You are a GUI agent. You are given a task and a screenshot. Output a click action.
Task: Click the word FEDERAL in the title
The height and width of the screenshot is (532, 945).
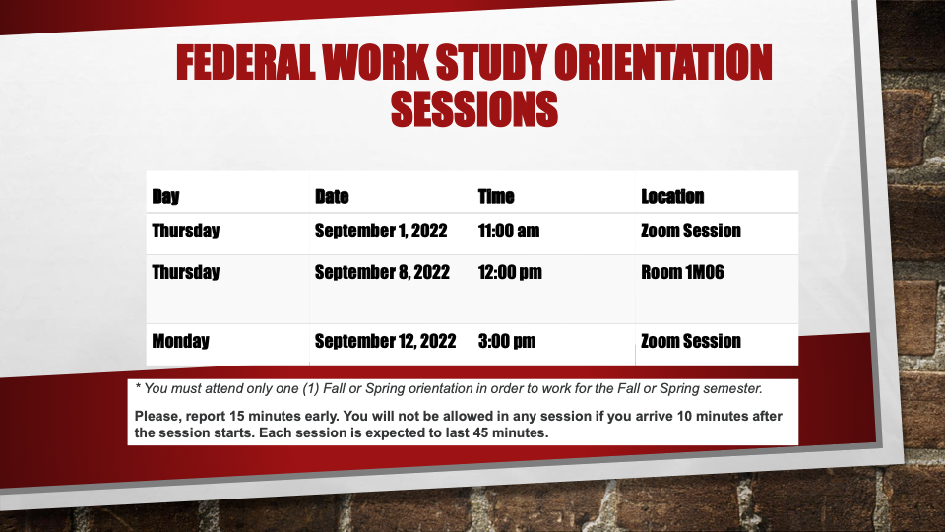tap(246, 63)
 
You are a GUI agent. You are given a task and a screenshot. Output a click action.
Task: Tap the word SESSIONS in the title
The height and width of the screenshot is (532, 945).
tap(474, 109)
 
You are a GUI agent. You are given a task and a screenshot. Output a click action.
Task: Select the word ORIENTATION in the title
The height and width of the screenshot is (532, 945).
tap(662, 63)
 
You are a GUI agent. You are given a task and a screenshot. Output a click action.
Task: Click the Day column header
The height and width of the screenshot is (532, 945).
tap(165, 197)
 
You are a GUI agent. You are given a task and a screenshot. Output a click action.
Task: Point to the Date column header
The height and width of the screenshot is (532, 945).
tap(332, 197)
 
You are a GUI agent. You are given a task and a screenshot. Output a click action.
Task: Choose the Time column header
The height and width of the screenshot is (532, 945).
tap(496, 197)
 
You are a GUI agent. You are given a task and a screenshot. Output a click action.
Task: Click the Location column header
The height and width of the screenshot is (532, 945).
tap(672, 197)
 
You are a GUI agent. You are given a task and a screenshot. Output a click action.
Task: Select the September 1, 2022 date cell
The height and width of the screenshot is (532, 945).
tap(381, 231)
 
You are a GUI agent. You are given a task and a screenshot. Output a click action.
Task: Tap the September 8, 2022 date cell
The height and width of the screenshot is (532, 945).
tap(382, 273)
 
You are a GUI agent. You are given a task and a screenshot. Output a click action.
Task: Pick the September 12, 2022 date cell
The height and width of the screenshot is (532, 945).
tap(385, 342)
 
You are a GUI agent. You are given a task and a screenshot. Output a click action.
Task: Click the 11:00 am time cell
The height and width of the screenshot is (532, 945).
tap(509, 231)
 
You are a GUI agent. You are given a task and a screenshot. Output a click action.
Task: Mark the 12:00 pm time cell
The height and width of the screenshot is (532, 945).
tap(510, 273)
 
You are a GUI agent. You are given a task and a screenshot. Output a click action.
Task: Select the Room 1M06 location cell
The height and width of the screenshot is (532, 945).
tap(682, 273)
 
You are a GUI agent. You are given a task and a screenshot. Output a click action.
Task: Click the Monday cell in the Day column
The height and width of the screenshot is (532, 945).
tap(180, 342)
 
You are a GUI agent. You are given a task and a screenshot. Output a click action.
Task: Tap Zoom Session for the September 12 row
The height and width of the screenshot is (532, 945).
tap(691, 342)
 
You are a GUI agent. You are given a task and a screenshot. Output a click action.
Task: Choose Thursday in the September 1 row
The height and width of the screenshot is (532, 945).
tap(186, 231)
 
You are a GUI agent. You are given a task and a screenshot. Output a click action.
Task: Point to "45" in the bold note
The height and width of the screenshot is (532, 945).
tap(478, 433)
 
